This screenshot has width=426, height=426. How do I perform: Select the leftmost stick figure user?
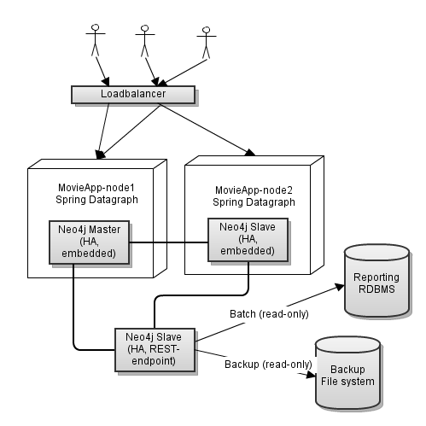click(x=94, y=39)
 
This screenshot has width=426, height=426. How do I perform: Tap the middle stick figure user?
click(x=146, y=39)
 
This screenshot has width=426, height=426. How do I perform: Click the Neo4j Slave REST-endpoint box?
click(x=155, y=347)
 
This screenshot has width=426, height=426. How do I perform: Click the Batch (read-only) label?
click(x=269, y=313)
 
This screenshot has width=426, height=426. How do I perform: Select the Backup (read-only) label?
click(x=267, y=365)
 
